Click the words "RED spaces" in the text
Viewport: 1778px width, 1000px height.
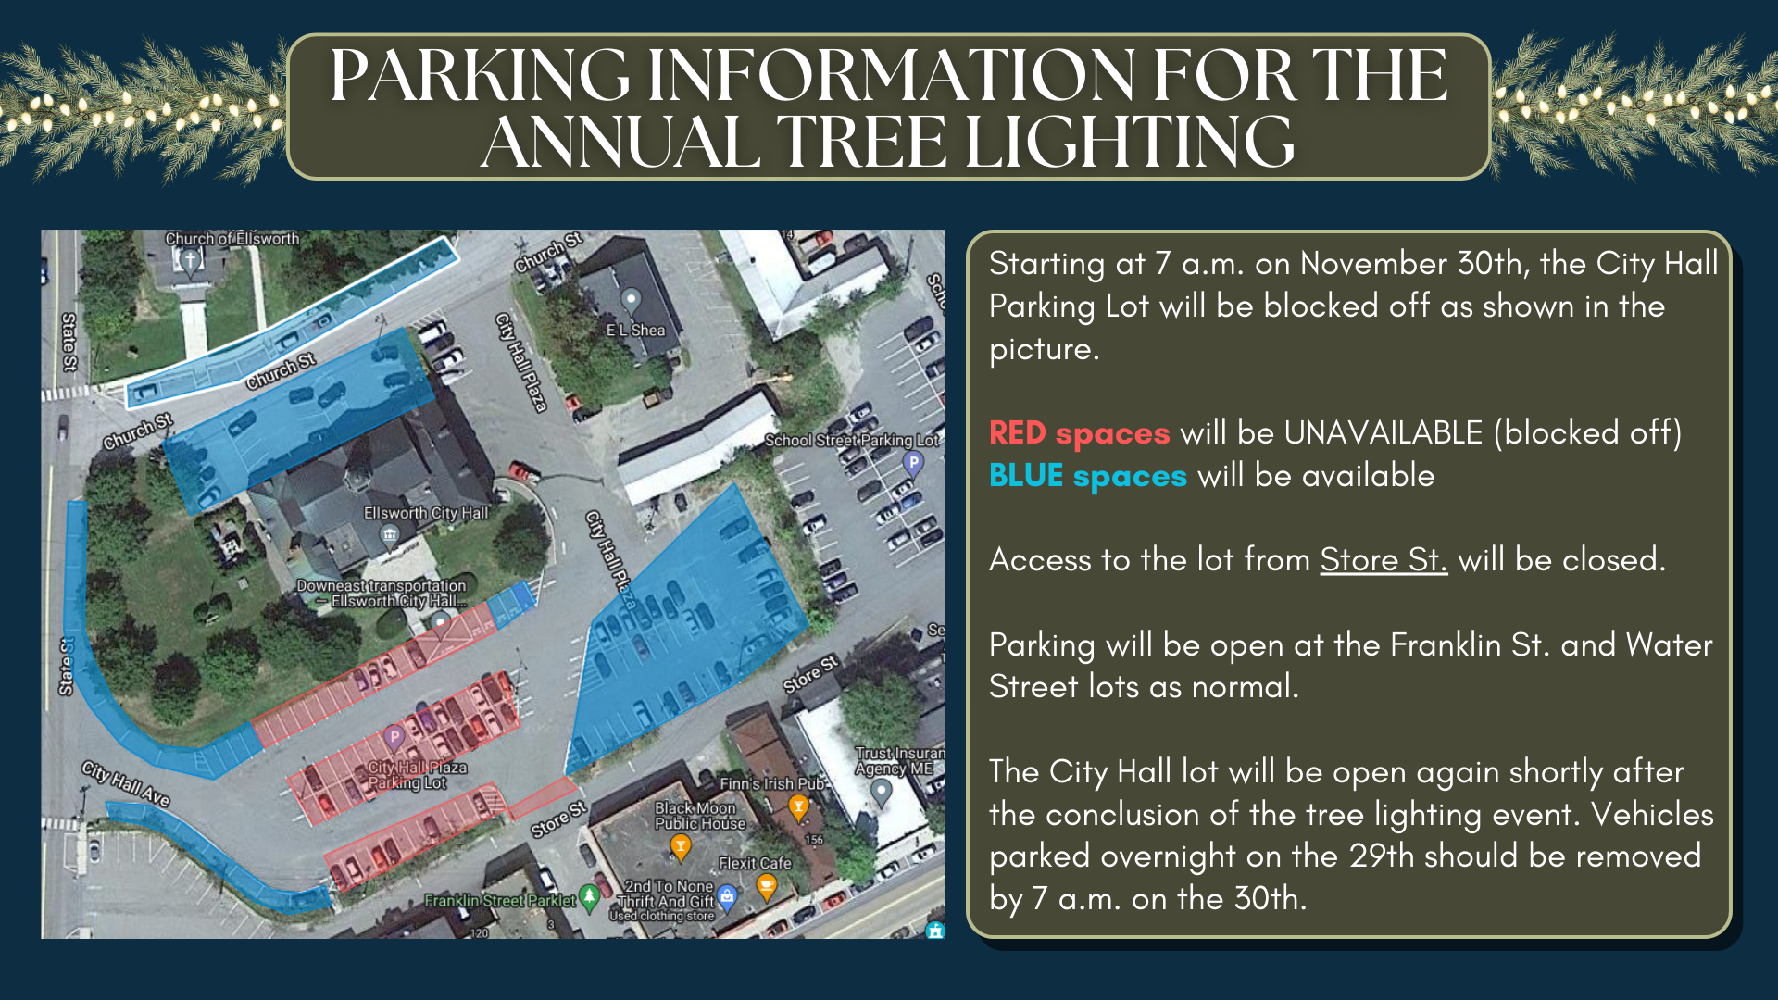(1079, 433)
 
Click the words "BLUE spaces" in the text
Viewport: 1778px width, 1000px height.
(1087, 476)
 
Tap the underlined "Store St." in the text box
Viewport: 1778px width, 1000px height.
(1384, 560)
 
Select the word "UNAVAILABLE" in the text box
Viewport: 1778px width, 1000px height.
(1384, 433)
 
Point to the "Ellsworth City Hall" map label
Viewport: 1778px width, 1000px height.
(426, 513)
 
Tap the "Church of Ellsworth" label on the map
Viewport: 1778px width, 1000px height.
(232, 239)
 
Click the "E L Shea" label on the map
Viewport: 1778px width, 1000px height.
(635, 330)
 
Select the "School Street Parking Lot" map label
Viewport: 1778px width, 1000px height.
(852, 441)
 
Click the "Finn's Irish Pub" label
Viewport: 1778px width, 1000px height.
(771, 784)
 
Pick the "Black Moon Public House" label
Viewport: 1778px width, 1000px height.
(700, 816)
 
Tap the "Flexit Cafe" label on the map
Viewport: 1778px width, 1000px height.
(755, 863)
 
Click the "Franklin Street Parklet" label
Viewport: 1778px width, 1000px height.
(500, 900)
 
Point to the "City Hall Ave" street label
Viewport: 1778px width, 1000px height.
(126, 784)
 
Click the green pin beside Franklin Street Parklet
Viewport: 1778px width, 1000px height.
(589, 897)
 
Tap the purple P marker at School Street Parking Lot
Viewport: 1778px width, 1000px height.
(913, 463)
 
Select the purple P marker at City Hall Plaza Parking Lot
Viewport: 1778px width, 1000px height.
(394, 737)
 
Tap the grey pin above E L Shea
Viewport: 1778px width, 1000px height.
(631, 300)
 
